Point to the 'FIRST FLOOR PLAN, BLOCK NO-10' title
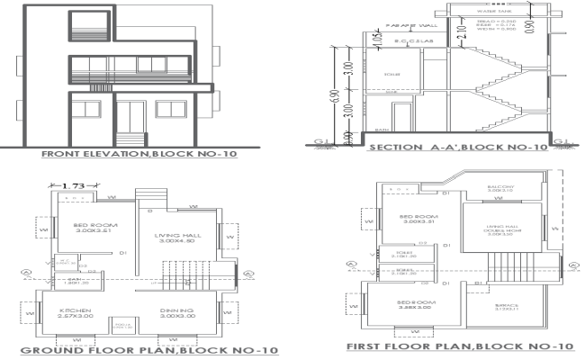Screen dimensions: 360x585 (x=459, y=346)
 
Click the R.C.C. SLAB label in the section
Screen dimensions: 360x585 (x=401, y=42)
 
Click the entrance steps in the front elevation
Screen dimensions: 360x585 (x=133, y=141)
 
